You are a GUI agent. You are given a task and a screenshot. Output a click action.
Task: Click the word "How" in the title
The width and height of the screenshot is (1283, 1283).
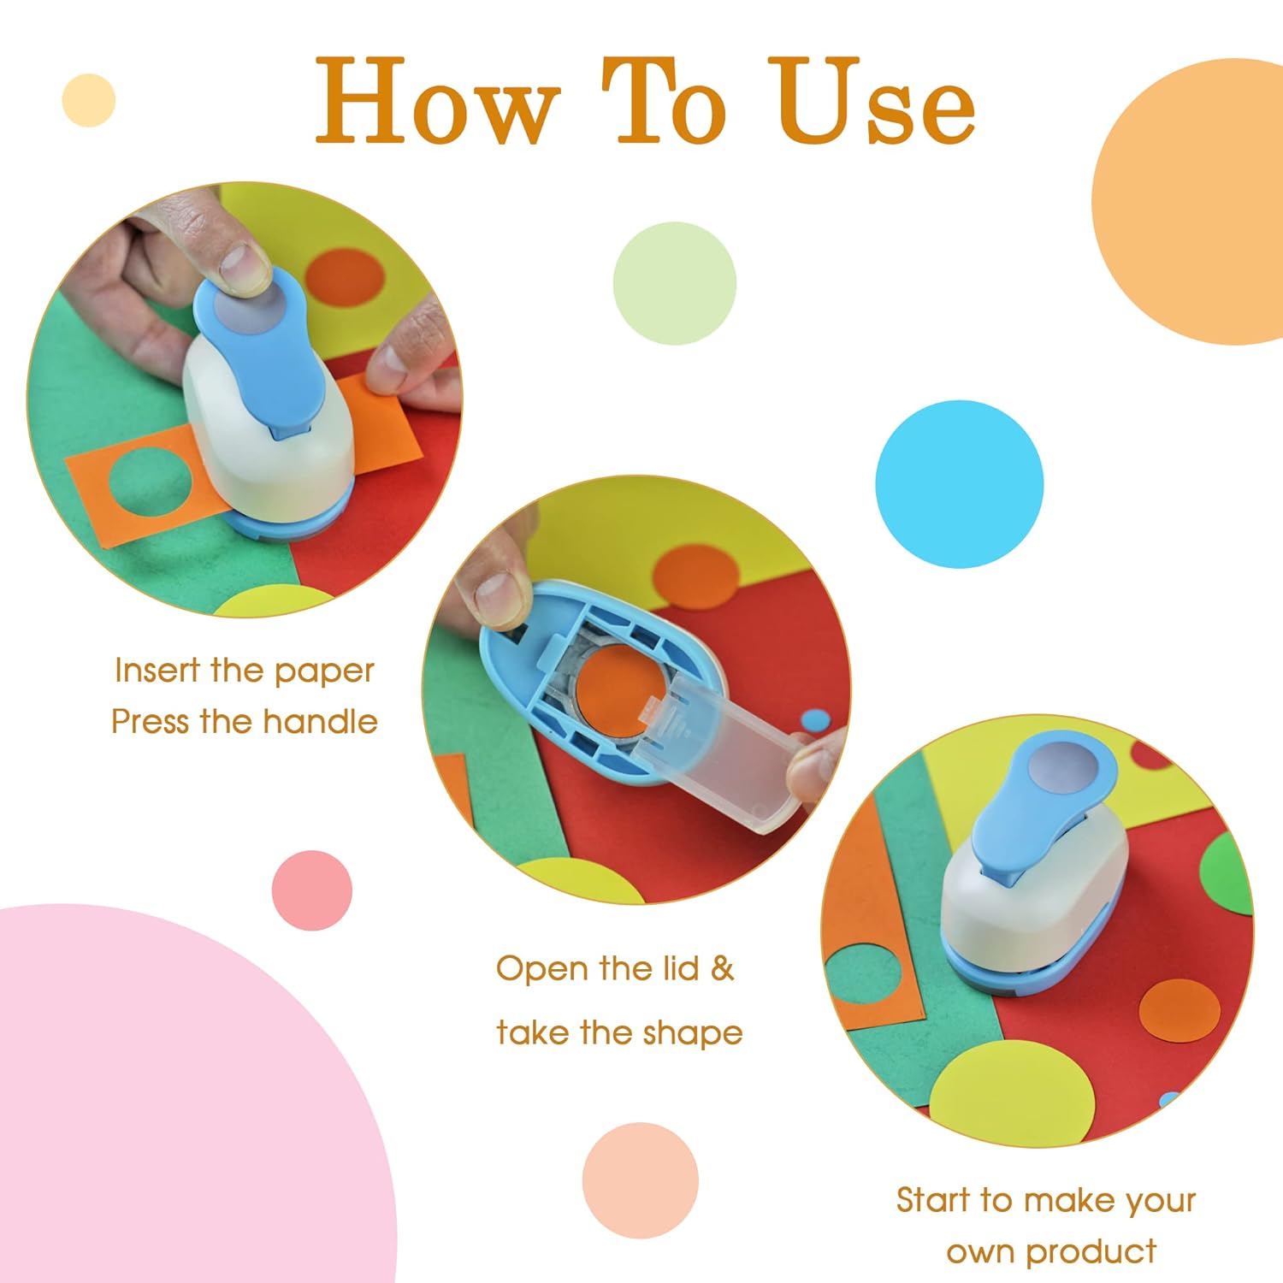[436, 103]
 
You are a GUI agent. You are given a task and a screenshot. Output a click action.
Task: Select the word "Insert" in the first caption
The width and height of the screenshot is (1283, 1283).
[156, 671]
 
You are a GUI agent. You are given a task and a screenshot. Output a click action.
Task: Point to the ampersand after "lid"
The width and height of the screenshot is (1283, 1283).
[723, 968]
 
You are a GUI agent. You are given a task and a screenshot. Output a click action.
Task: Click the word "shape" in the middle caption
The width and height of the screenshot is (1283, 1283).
[692, 1033]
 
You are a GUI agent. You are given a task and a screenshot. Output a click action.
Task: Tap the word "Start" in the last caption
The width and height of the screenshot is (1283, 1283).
[933, 1200]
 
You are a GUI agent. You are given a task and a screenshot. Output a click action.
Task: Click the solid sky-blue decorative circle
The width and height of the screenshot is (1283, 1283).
[959, 484]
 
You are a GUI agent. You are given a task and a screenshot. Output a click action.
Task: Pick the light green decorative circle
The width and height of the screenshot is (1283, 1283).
[674, 283]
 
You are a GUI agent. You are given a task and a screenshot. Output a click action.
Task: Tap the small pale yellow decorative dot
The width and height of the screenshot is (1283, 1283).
[89, 100]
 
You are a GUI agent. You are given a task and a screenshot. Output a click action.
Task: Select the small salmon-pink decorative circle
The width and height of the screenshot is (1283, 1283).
[311, 890]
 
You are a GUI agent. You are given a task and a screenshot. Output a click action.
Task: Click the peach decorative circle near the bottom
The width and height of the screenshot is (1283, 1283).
[640, 1180]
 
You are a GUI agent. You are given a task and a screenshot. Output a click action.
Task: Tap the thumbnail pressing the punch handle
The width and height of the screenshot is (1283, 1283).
[242, 266]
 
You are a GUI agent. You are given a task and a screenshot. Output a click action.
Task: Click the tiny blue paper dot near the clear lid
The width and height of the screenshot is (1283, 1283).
[815, 720]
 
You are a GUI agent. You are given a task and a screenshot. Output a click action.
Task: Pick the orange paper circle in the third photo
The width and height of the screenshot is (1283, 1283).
[1180, 1010]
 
